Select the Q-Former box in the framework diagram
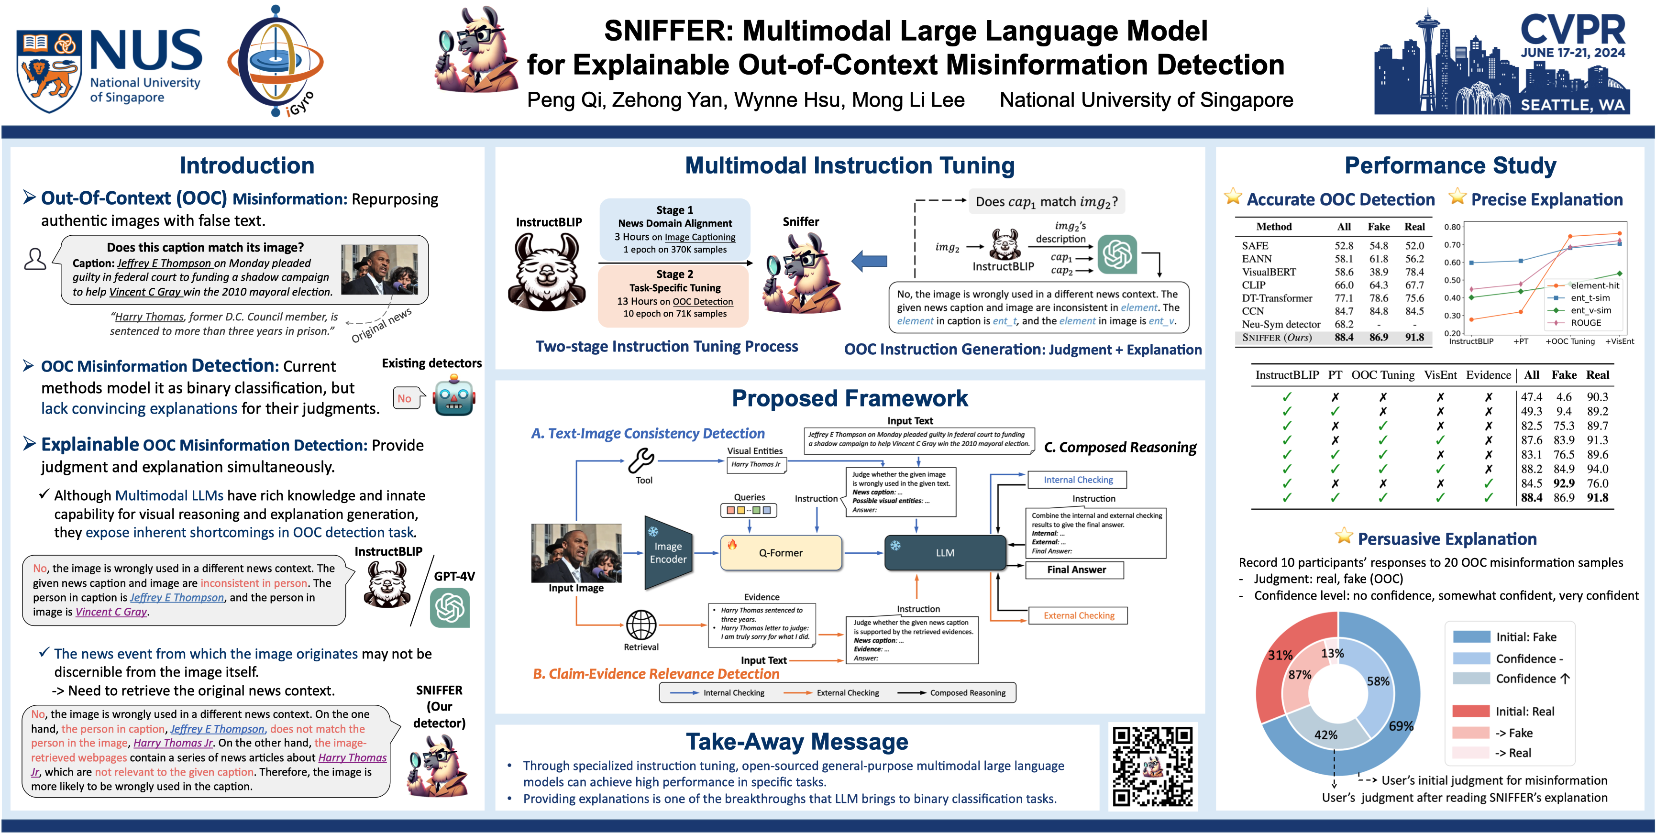(x=781, y=553)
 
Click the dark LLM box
(x=944, y=553)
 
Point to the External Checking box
(x=1078, y=615)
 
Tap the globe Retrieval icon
(x=641, y=625)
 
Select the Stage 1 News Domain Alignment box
(x=674, y=230)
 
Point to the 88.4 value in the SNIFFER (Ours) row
(x=1344, y=338)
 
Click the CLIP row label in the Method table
(x=1254, y=285)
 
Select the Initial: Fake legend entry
(x=1525, y=637)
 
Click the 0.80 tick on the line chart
(x=1452, y=227)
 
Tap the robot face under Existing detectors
(x=454, y=397)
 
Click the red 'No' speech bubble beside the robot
(x=405, y=398)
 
